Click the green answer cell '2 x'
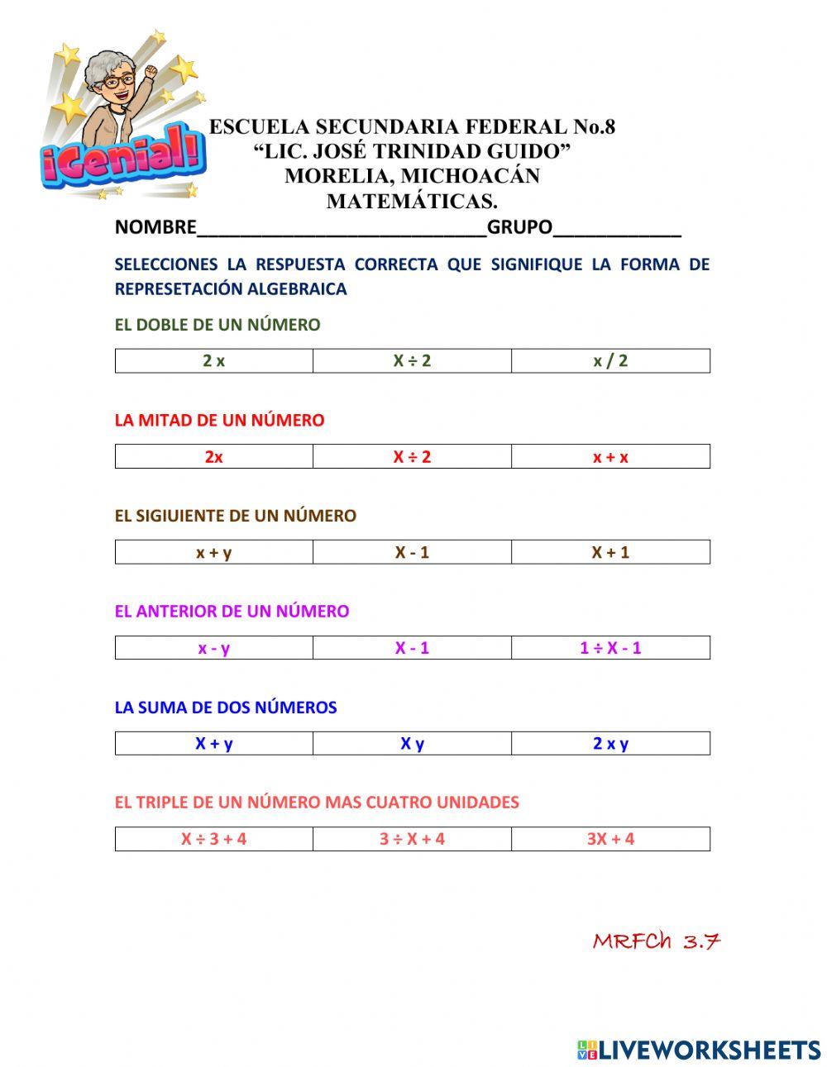pyautogui.click(x=213, y=361)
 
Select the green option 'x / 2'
pyautogui.click(x=610, y=361)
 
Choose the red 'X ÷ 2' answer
pyautogui.click(x=412, y=457)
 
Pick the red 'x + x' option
pyautogui.click(x=610, y=457)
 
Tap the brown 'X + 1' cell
pyautogui.click(x=610, y=552)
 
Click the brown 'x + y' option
pyautogui.click(x=213, y=552)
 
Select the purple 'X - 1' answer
pyautogui.click(x=412, y=648)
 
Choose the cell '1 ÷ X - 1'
pyautogui.click(x=610, y=648)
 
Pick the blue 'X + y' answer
pyautogui.click(x=213, y=744)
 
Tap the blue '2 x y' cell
pyautogui.click(x=610, y=744)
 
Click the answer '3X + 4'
pyautogui.click(x=610, y=839)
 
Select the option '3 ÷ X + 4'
pyautogui.click(x=412, y=839)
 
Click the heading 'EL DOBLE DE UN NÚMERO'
pyautogui.click(x=218, y=325)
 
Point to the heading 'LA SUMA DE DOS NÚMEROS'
pyautogui.click(x=226, y=707)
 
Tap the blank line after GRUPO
pyautogui.click(x=616, y=229)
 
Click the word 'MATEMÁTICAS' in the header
pyautogui.click(x=412, y=201)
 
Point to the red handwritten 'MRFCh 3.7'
pyautogui.click(x=657, y=941)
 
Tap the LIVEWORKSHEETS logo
pyautogui.click(x=699, y=1050)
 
